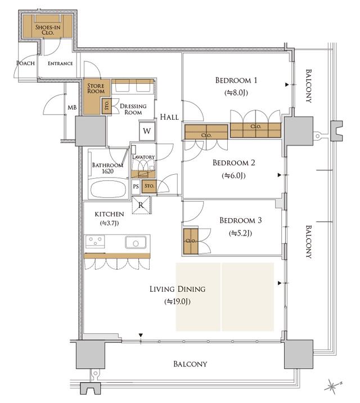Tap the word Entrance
(x=60, y=64)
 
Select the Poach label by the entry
(x=26, y=64)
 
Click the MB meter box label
(x=72, y=107)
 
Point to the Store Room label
(x=96, y=88)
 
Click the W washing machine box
(x=147, y=131)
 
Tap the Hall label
(x=169, y=117)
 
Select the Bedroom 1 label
(x=236, y=80)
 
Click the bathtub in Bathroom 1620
(x=110, y=188)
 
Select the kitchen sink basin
(x=136, y=243)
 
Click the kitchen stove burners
(x=95, y=242)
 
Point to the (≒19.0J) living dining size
(x=177, y=302)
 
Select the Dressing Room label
(x=133, y=109)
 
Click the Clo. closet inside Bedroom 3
(x=190, y=241)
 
